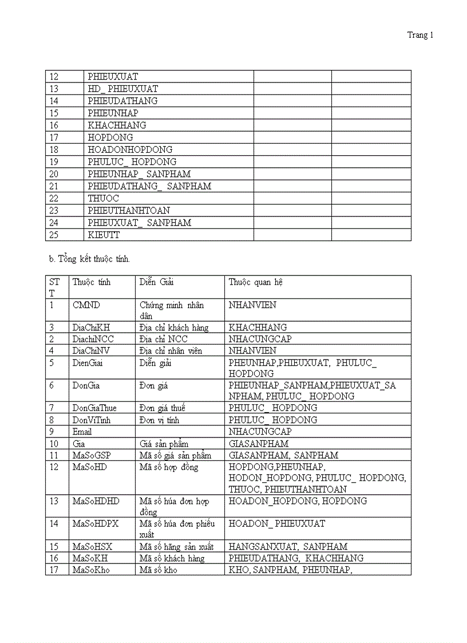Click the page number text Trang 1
click(x=420, y=35)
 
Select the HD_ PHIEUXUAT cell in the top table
click(x=122, y=89)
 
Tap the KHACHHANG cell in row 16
click(x=117, y=125)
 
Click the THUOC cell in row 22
click(x=104, y=198)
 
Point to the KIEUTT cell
click(x=104, y=235)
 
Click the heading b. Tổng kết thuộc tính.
click(x=90, y=259)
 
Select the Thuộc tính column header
click(x=92, y=282)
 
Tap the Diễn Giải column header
click(x=156, y=282)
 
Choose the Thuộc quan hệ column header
click(x=255, y=282)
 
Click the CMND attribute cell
click(x=86, y=305)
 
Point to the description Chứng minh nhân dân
click(x=171, y=310)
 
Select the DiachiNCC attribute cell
click(x=93, y=339)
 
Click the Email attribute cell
click(x=82, y=432)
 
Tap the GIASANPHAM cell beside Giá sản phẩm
click(x=258, y=444)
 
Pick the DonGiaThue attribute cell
click(x=94, y=408)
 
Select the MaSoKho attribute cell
click(x=91, y=570)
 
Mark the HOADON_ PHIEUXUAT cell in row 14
click(x=276, y=523)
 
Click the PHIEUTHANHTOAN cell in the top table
click(x=129, y=211)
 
